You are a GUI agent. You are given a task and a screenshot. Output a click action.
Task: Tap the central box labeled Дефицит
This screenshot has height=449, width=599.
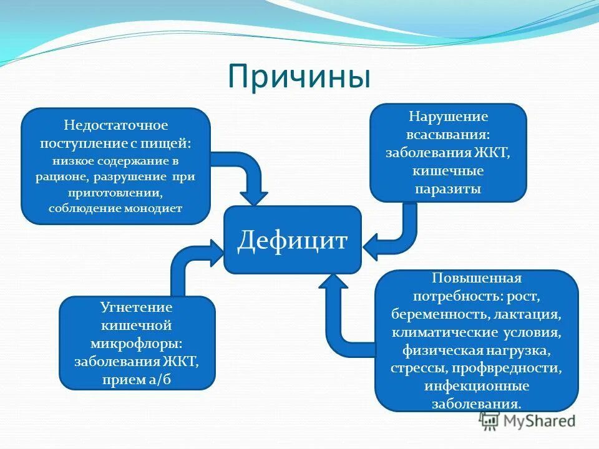[x=293, y=240]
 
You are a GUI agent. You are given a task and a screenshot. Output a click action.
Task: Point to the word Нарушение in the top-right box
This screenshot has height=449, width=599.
[x=448, y=117]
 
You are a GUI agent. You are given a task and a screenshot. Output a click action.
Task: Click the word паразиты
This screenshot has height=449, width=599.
[x=448, y=188]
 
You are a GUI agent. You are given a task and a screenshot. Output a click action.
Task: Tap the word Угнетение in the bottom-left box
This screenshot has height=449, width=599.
[x=137, y=307]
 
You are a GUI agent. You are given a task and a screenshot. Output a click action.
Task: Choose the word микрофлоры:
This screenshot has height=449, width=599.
[x=137, y=343]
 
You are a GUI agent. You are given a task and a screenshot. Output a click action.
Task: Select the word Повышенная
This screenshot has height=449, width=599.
[x=477, y=276]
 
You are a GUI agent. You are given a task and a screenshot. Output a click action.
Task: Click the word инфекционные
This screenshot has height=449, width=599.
[x=477, y=386]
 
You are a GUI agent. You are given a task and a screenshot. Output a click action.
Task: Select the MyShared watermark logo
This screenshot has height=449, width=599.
[x=529, y=421]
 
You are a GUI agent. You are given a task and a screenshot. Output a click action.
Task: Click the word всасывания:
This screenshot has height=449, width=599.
[x=448, y=134]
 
